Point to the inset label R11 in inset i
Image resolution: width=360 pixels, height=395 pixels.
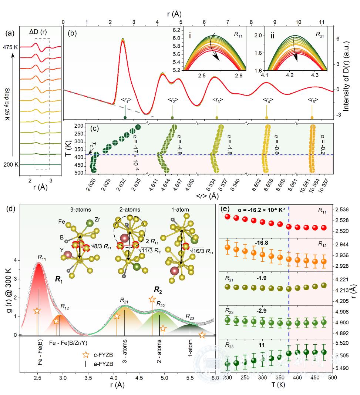pos(238,34)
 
